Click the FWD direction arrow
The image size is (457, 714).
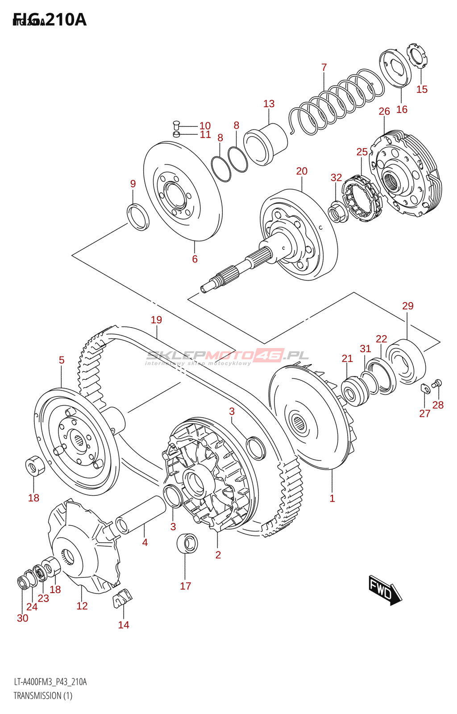pyautogui.click(x=385, y=590)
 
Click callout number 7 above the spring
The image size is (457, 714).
pyautogui.click(x=324, y=67)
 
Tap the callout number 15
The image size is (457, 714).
pyautogui.click(x=422, y=89)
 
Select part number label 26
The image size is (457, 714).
pyautogui.click(x=384, y=112)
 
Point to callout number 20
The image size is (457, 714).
pyautogui.click(x=302, y=171)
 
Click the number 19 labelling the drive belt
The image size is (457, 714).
pyautogui.click(x=156, y=320)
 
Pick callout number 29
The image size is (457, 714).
pyautogui.click(x=407, y=306)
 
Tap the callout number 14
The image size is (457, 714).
pyautogui.click(x=124, y=625)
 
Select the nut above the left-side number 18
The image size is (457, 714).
pyautogui.click(x=35, y=465)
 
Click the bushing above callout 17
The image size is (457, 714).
pyautogui.click(x=187, y=543)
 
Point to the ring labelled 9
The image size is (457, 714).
pyautogui.click(x=138, y=216)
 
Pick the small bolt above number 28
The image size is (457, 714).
pyautogui.click(x=437, y=382)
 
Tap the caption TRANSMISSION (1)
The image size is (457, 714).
pyautogui.click(x=43, y=696)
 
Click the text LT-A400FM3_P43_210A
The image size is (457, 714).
pyautogui.click(x=50, y=682)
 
